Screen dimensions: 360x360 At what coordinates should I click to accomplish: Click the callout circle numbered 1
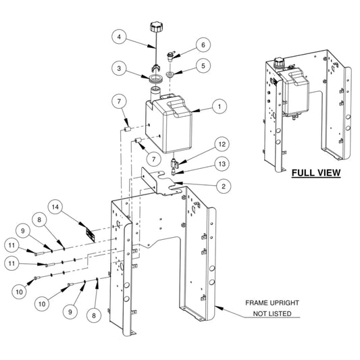[x=220, y=107]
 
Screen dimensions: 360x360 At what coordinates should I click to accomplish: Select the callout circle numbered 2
[x=224, y=186]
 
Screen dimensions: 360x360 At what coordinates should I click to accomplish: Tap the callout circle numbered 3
[x=119, y=68]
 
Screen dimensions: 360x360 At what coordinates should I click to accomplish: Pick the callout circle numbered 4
[x=119, y=36]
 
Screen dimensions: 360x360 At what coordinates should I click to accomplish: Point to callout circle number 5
[x=203, y=66]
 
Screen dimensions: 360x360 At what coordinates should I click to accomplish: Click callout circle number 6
[x=203, y=45]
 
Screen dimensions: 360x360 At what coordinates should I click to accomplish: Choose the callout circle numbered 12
[x=222, y=144]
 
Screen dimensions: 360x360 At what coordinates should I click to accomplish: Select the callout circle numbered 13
[x=222, y=164]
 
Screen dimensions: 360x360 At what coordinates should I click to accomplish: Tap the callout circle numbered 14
[x=55, y=207]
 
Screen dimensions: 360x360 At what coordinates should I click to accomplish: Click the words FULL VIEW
[x=316, y=173]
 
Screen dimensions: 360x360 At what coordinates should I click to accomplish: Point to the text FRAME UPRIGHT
[x=272, y=303]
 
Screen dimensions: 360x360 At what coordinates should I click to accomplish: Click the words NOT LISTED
[x=272, y=313]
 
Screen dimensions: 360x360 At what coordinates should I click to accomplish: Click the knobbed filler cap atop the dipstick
[x=156, y=27]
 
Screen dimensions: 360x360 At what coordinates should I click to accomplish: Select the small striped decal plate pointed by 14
[x=91, y=235]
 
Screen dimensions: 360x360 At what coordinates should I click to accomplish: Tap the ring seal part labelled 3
[x=156, y=78]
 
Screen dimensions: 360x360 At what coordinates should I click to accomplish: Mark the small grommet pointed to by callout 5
[x=170, y=74]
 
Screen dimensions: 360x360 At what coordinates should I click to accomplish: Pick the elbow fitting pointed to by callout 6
[x=170, y=56]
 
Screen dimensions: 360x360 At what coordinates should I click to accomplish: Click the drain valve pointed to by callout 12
[x=174, y=163]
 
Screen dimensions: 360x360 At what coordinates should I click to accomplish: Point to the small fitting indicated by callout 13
[x=174, y=172]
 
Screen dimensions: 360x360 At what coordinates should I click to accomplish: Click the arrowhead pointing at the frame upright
[x=219, y=307]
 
